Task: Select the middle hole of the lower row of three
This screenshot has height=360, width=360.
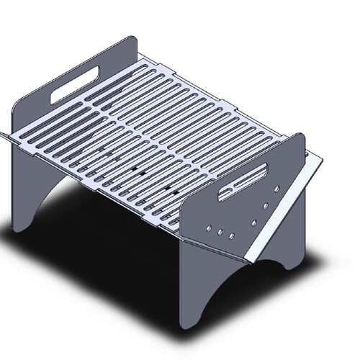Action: [220, 233]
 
